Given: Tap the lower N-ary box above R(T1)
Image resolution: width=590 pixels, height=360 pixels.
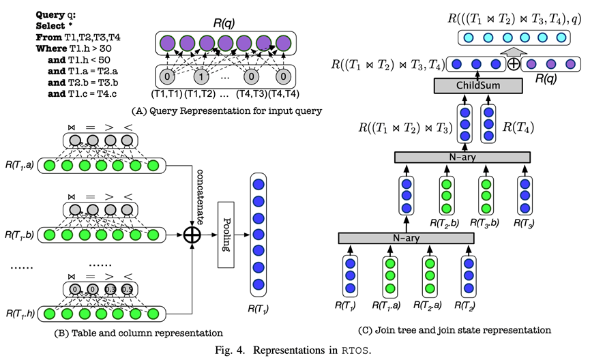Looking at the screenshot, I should pos(406,238).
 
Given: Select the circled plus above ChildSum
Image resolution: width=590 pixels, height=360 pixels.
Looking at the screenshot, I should pos(512,65).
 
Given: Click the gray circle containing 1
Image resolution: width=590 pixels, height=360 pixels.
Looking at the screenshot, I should pos(201,74).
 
